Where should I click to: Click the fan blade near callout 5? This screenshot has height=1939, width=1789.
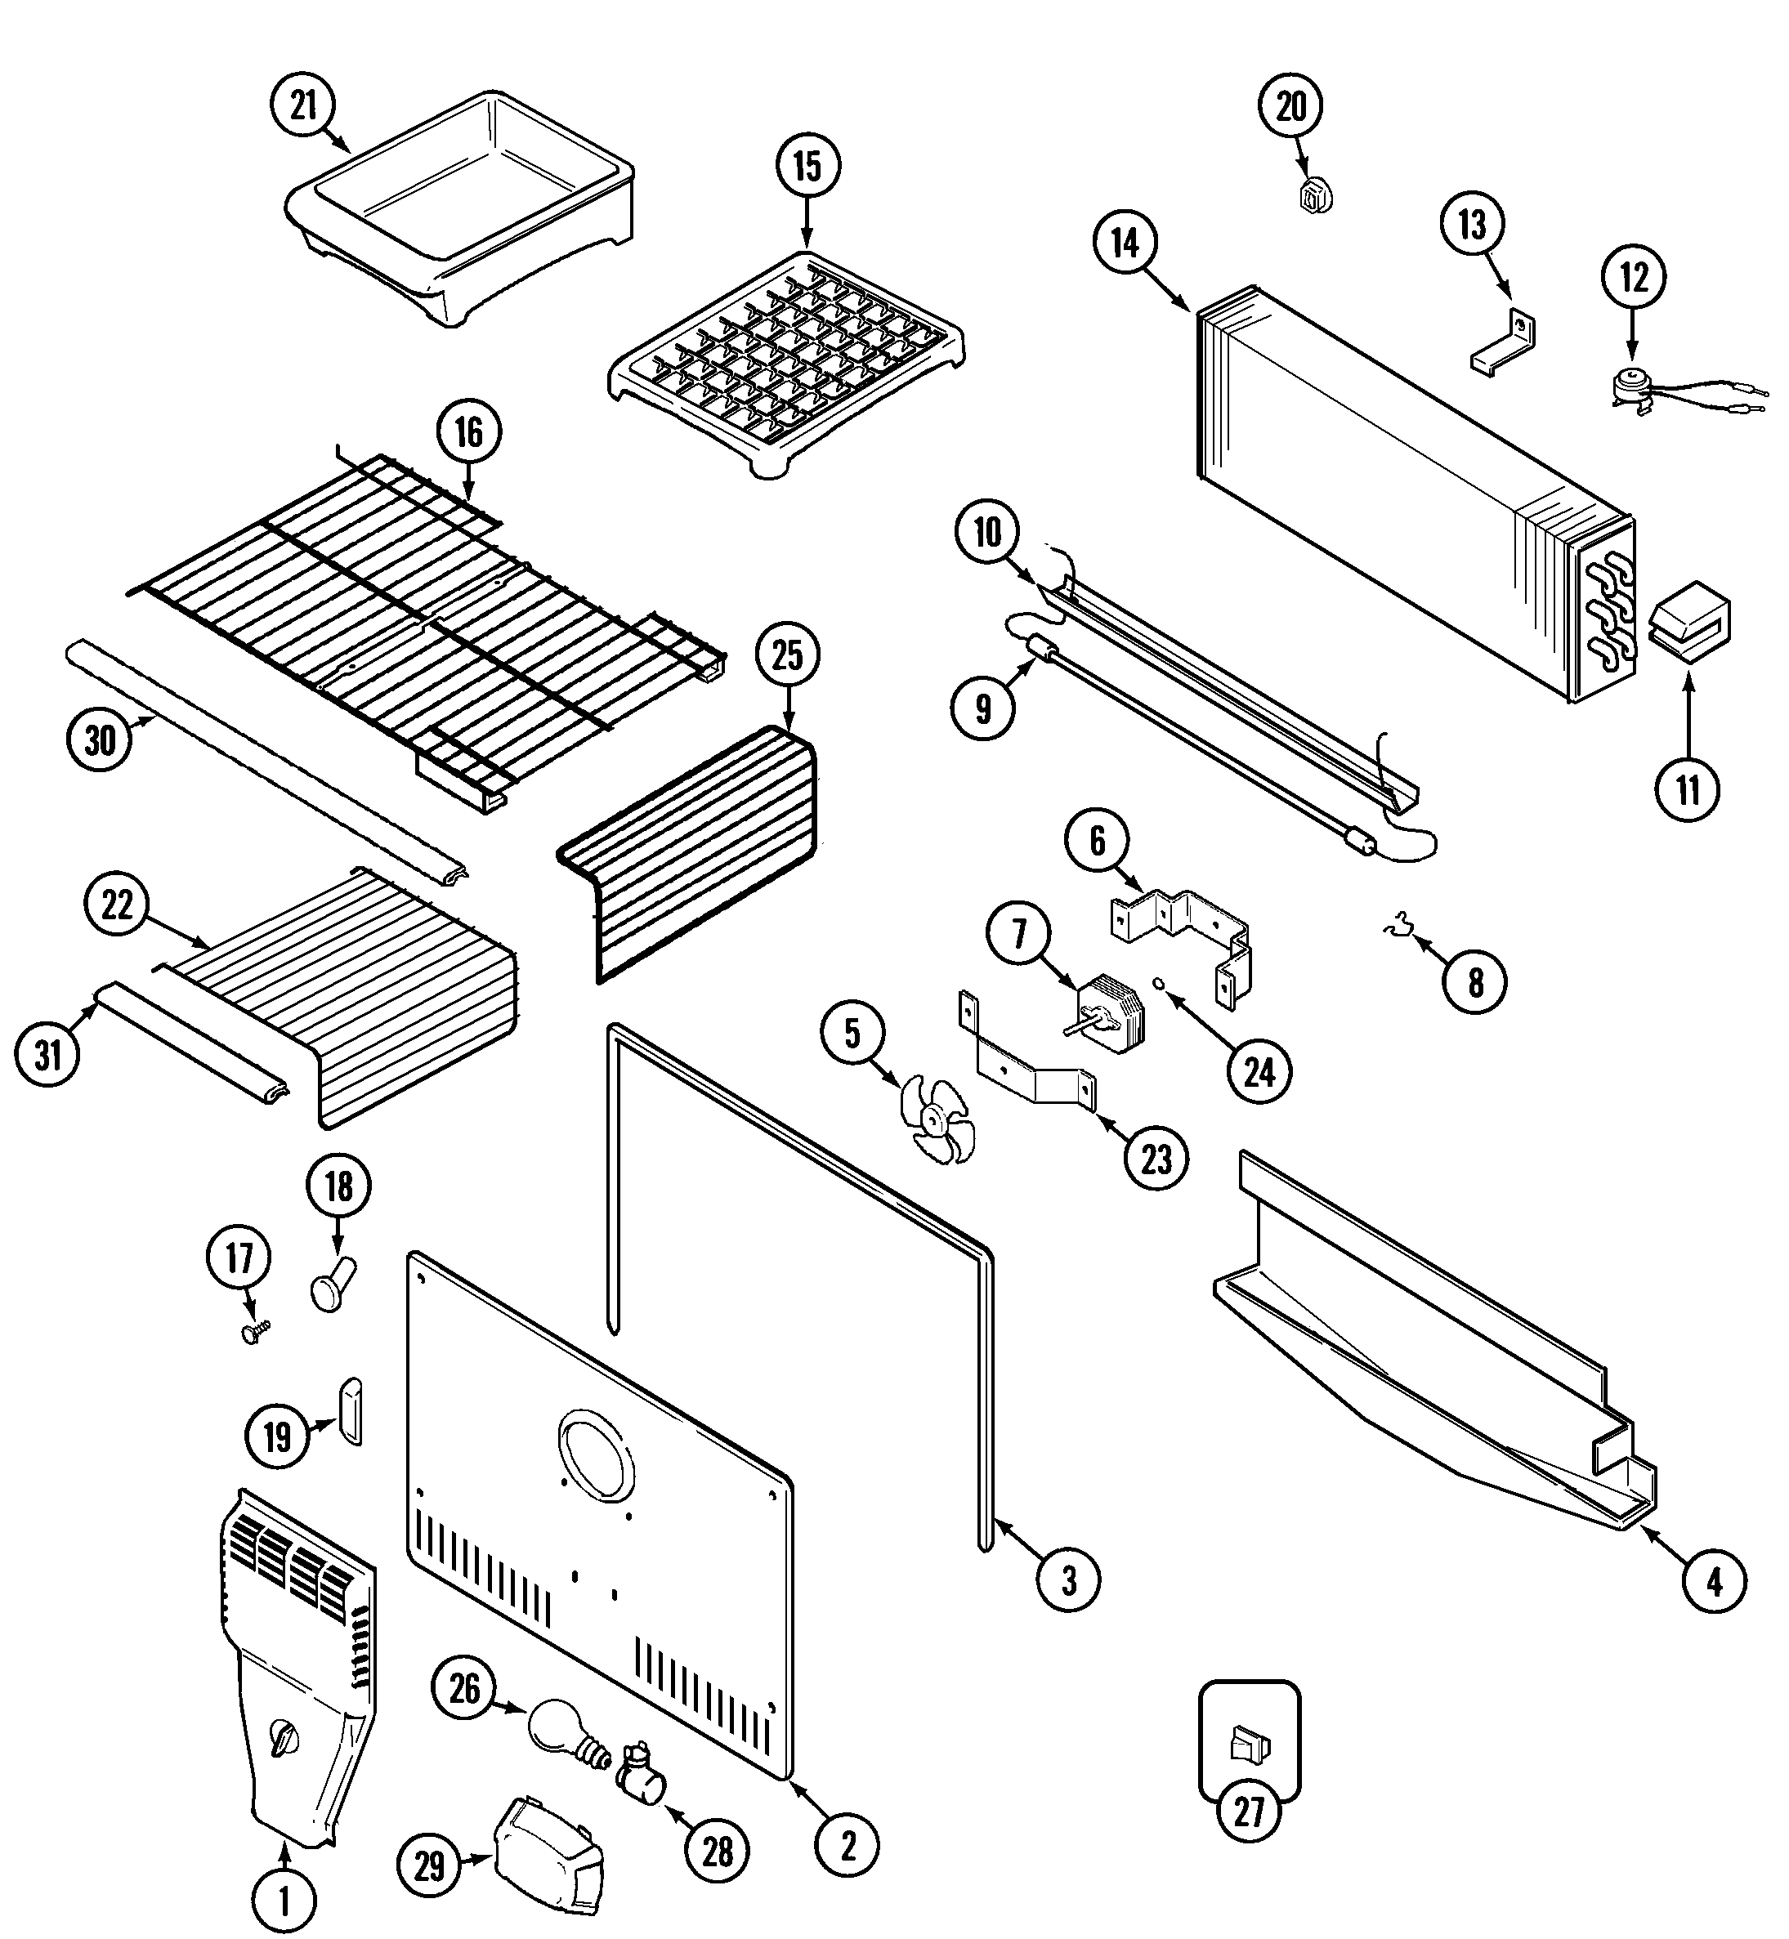pyautogui.click(x=933, y=1121)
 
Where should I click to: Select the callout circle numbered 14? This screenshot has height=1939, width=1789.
pyautogui.click(x=1125, y=244)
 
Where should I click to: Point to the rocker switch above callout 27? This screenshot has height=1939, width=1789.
pyautogui.click(x=1249, y=1746)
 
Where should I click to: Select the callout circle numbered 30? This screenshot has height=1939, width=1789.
pyautogui.click(x=99, y=740)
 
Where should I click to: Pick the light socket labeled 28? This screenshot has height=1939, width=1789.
pyautogui.click(x=640, y=1770)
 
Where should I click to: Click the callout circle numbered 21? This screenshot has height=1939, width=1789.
pyautogui.click(x=303, y=105)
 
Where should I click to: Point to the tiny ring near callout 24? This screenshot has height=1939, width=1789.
pyautogui.click(x=1158, y=985)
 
